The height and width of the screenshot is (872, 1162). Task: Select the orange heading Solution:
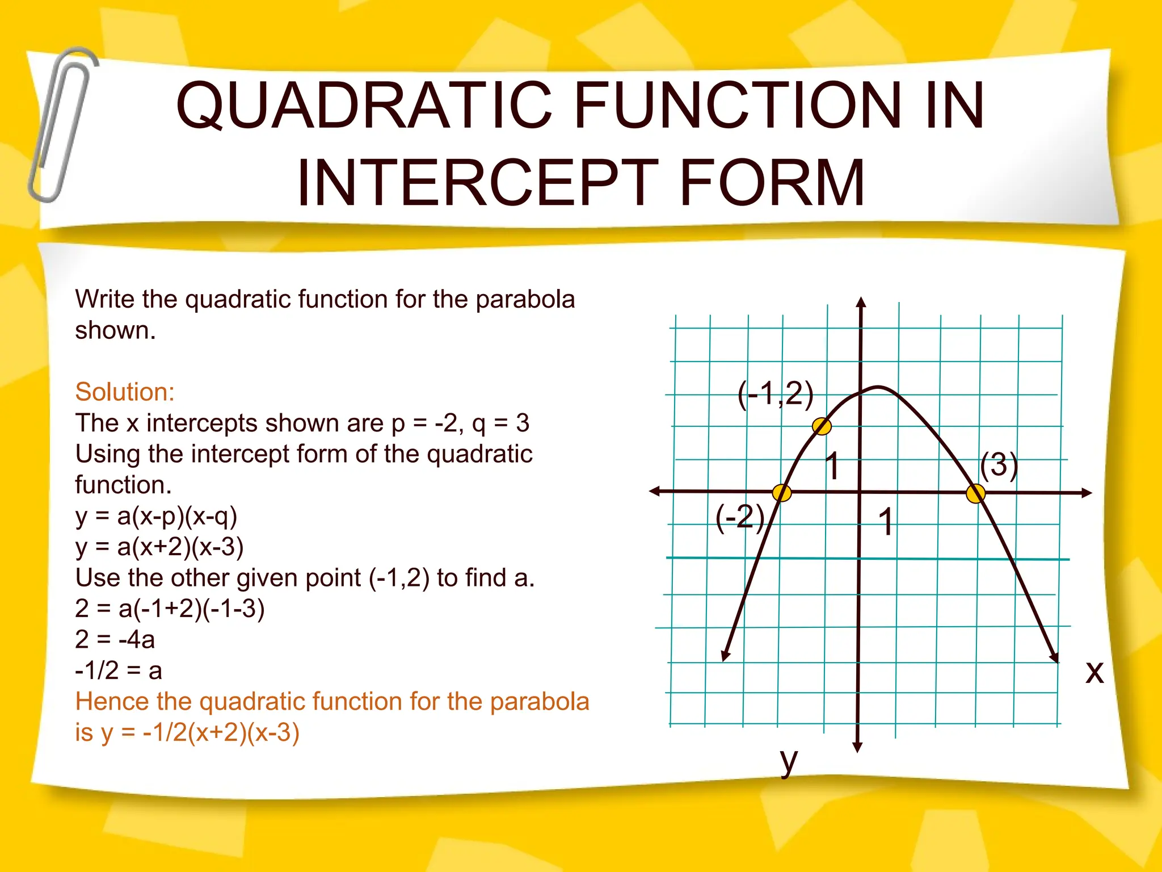coord(125,392)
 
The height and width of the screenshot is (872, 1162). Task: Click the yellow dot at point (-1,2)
coord(822,426)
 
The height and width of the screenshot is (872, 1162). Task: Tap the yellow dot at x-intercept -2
coord(782,493)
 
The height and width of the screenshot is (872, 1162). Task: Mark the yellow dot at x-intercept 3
coord(975,493)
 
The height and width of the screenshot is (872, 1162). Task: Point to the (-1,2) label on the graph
coord(775,394)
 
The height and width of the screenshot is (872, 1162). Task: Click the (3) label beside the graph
coord(999,465)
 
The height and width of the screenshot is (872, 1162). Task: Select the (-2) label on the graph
coord(740,517)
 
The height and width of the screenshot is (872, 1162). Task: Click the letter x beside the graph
coord(1094,672)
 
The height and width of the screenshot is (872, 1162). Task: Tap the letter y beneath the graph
coord(789,761)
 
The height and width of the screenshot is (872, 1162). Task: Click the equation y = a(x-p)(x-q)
coord(156,516)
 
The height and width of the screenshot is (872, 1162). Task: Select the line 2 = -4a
coord(115,640)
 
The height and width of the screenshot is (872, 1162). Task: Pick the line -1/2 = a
coord(119,670)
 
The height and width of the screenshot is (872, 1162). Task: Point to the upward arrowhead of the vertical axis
coord(861,302)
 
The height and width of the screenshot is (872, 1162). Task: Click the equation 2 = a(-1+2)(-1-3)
coord(170,609)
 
